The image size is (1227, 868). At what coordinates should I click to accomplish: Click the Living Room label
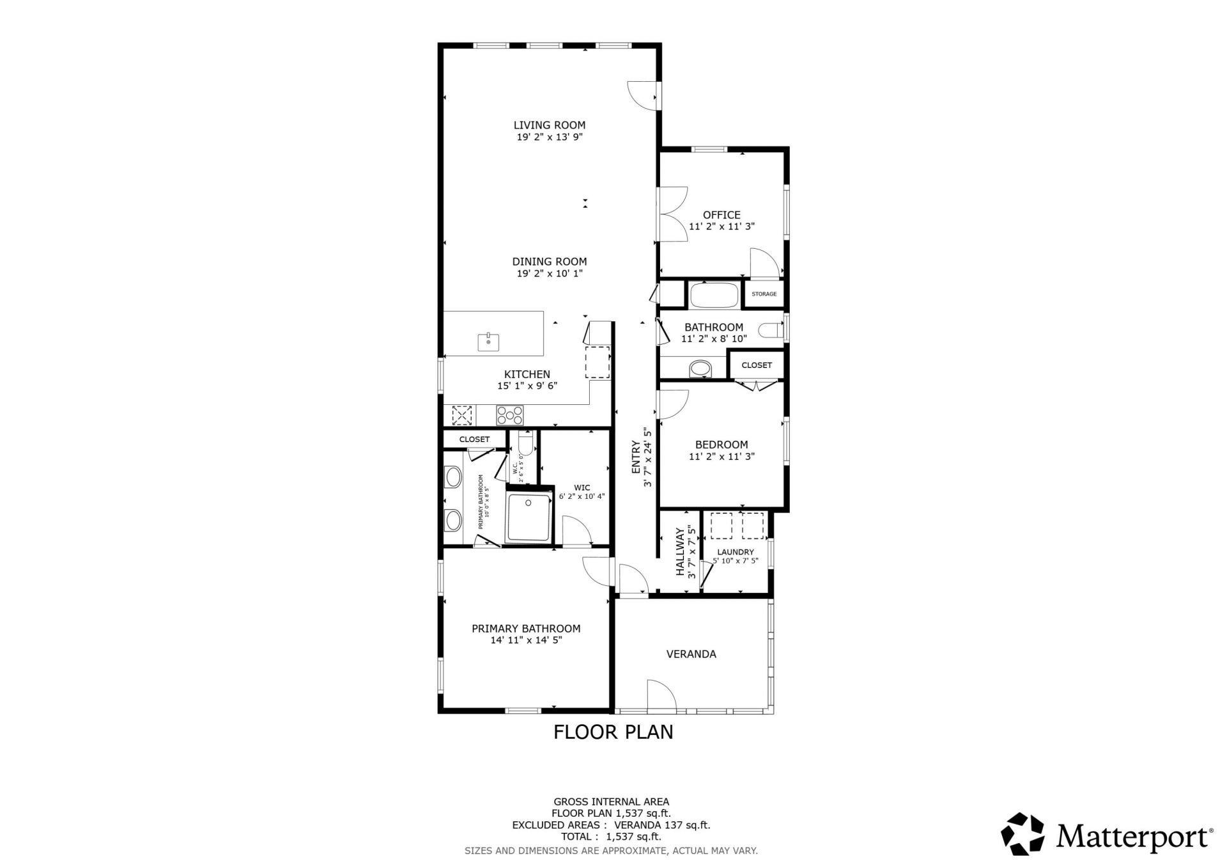click(x=550, y=125)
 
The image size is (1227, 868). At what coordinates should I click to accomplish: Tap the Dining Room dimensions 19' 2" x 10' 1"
click(x=550, y=274)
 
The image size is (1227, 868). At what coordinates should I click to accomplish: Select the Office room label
click(x=722, y=215)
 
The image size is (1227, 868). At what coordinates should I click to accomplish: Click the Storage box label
click(x=764, y=294)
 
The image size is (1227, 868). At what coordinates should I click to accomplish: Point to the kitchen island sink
click(x=488, y=342)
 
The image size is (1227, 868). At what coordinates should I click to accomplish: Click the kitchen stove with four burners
click(x=510, y=415)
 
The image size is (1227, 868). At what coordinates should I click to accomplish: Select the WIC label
click(x=582, y=487)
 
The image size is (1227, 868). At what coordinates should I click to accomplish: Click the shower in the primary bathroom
click(x=529, y=517)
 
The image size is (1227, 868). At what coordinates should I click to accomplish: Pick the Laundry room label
click(x=736, y=552)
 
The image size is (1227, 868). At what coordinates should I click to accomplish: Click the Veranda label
click(x=691, y=654)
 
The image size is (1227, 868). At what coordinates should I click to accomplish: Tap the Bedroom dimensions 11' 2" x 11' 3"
click(x=722, y=457)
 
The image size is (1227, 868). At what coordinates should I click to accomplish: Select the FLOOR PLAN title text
click(x=613, y=732)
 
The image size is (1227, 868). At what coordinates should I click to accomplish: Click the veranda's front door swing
click(x=661, y=695)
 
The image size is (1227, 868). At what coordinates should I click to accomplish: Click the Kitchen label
click(x=527, y=374)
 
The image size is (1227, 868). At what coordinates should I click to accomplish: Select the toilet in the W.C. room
click(x=525, y=443)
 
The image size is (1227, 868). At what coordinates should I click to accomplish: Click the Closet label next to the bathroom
click(x=757, y=365)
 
